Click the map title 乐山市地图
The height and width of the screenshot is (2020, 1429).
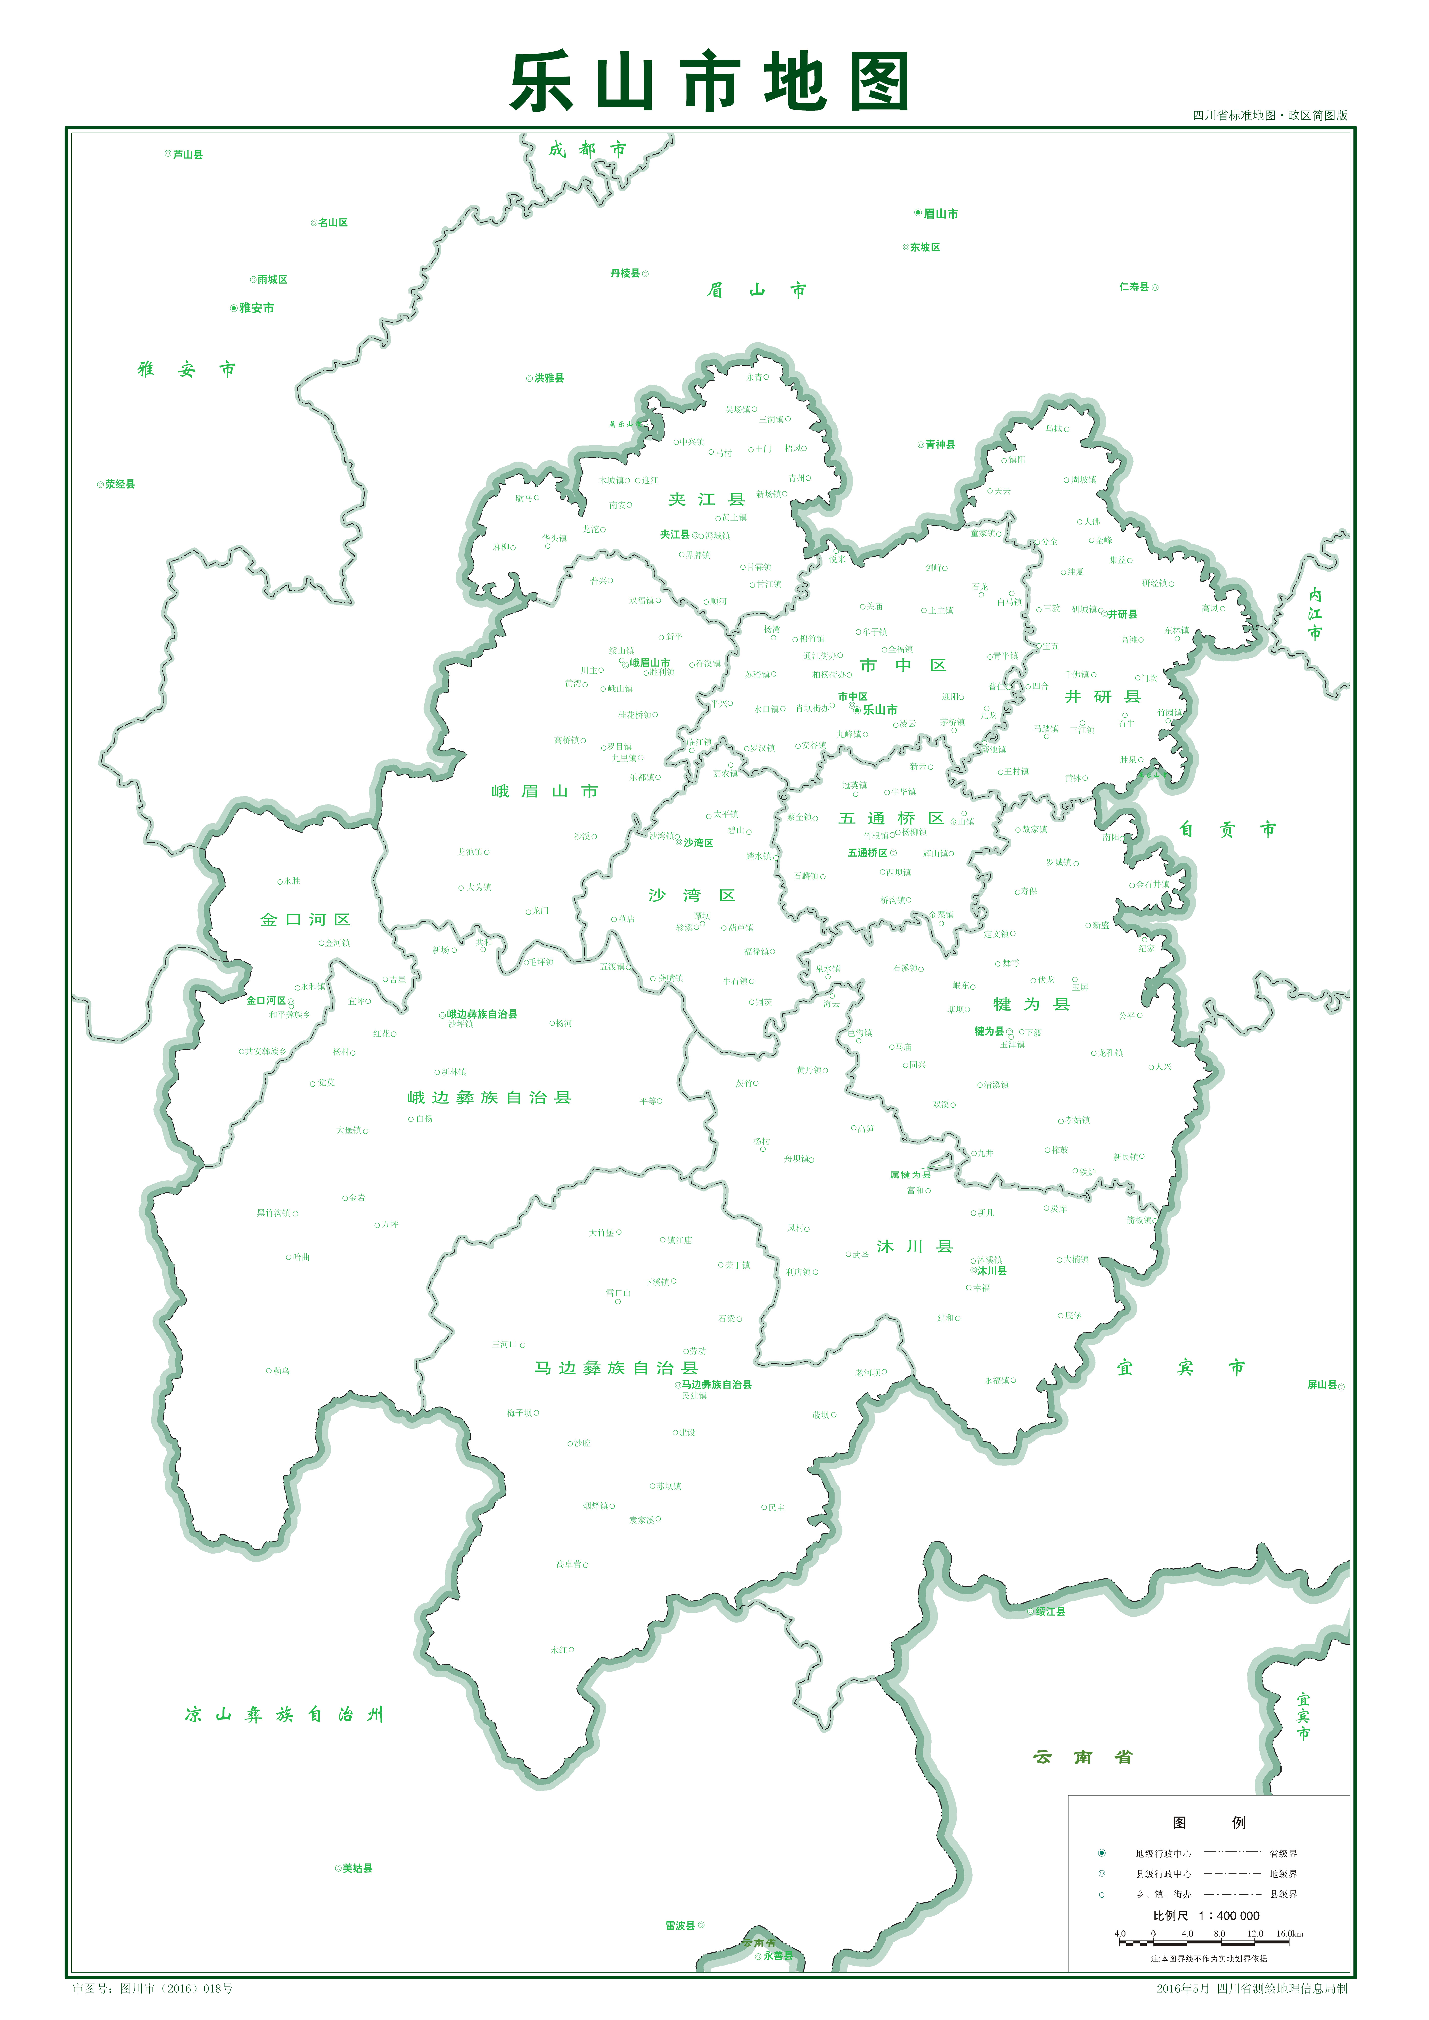(x=709, y=82)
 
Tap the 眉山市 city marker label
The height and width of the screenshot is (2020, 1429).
(x=940, y=214)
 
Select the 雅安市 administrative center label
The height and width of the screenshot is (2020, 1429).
(x=255, y=308)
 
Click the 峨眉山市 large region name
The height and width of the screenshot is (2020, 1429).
(x=545, y=791)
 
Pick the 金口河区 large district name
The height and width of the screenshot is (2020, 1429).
(x=305, y=919)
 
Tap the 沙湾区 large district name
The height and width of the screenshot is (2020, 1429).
(x=692, y=896)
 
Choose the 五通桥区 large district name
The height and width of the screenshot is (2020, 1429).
(x=891, y=818)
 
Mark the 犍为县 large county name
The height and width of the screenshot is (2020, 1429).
(x=1031, y=1004)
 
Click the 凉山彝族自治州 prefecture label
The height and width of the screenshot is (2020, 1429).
(x=284, y=1714)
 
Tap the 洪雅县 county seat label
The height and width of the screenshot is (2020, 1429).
(x=548, y=378)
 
